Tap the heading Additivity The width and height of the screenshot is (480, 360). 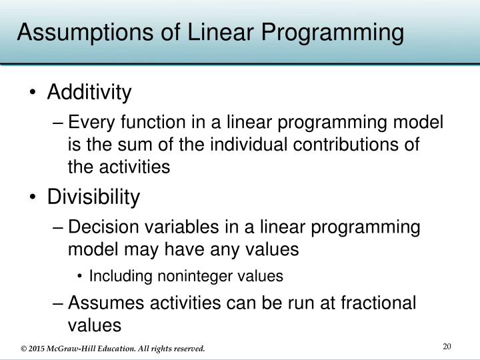coord(89,93)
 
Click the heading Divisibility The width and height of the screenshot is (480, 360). coord(93,197)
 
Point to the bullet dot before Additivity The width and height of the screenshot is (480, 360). coord(33,93)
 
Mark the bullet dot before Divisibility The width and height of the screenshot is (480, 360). coord(33,198)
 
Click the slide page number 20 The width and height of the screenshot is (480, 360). coord(447,345)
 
